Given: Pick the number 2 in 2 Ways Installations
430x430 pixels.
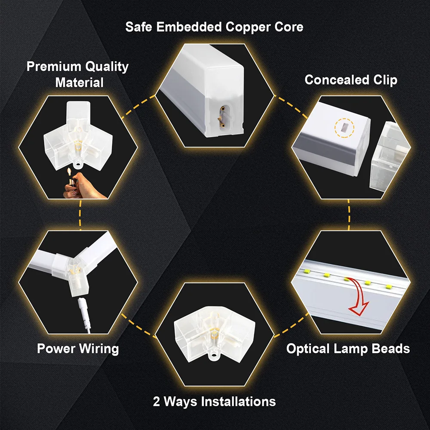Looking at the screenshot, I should tap(157, 402).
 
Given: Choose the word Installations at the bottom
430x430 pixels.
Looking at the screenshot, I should tap(239, 402).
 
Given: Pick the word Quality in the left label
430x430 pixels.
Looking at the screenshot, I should tap(106, 67).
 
